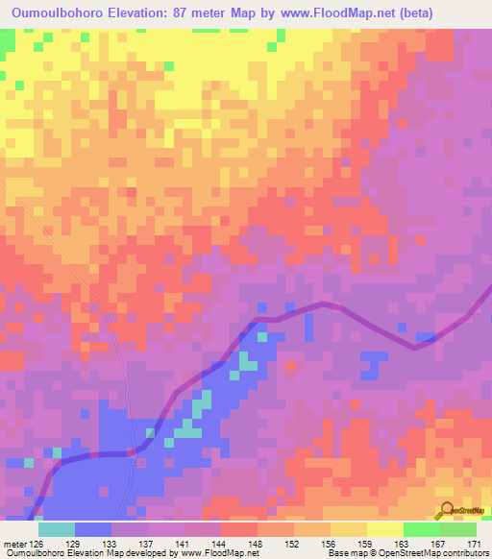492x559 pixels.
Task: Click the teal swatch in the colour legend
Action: click(x=57, y=529)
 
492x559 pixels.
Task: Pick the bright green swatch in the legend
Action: click(x=421, y=529)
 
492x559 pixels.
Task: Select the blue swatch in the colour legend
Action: click(x=93, y=529)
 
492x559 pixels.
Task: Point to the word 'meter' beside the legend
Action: click(x=14, y=543)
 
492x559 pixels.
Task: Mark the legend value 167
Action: click(x=439, y=543)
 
